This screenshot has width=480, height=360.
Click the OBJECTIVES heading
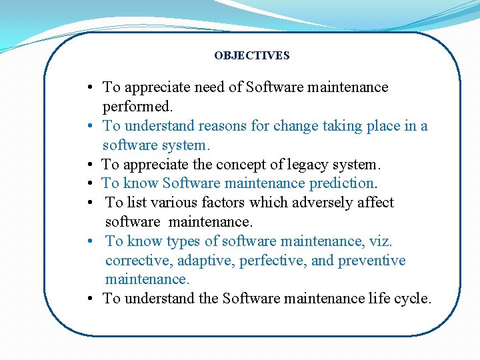(x=251, y=56)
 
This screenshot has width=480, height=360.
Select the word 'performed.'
(x=137, y=107)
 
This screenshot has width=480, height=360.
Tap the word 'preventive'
(x=371, y=260)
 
